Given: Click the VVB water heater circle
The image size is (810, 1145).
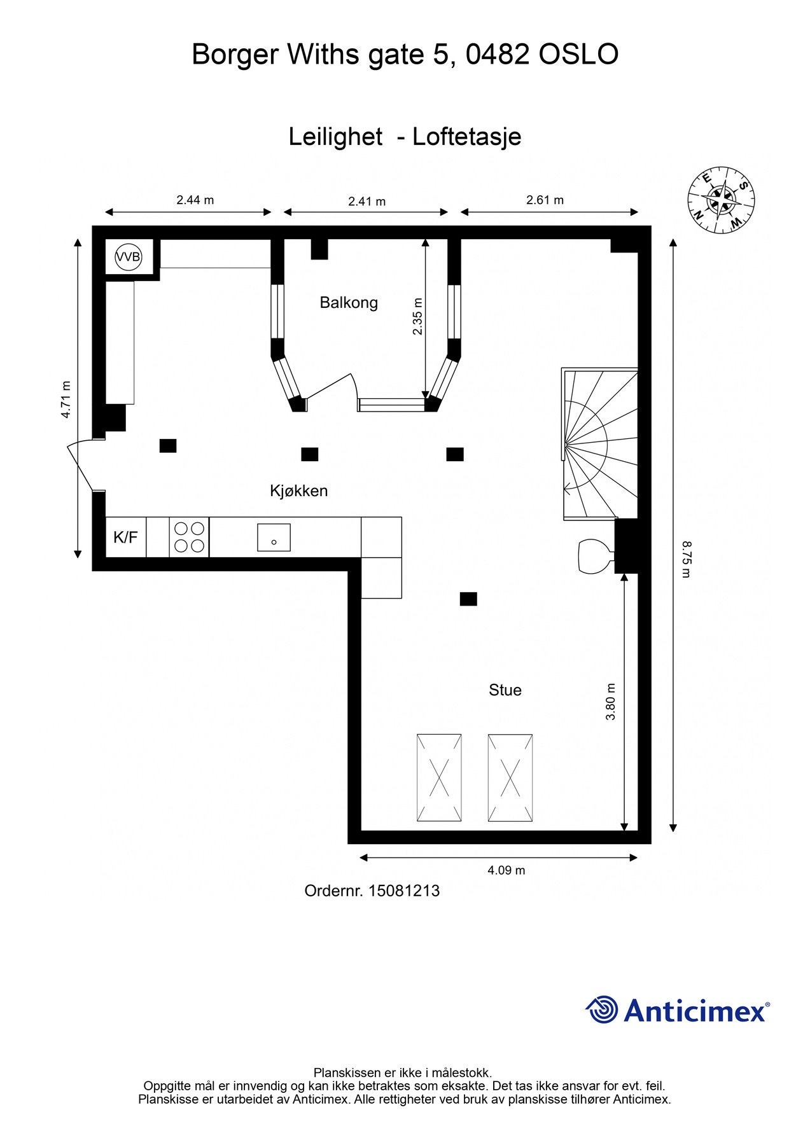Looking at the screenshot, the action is [x=128, y=258].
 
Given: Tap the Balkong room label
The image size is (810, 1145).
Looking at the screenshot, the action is [x=349, y=303].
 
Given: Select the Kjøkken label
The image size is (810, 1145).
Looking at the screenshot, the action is [x=299, y=490].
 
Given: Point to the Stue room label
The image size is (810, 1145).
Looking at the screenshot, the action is [x=505, y=690].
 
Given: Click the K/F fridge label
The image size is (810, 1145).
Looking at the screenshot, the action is [x=125, y=538].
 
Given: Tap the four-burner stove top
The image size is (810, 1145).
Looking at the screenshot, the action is [x=190, y=538].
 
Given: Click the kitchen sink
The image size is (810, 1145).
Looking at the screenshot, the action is [x=274, y=538].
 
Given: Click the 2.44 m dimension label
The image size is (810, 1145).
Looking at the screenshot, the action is [x=195, y=200].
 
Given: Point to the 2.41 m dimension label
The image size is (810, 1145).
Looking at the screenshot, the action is [x=367, y=202].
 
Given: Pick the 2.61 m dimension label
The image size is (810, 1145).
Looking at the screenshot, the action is [x=545, y=200].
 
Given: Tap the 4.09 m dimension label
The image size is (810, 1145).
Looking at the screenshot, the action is [x=506, y=870].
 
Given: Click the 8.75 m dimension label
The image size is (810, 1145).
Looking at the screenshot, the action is [x=685, y=559].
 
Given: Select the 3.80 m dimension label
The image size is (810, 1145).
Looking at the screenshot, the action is [x=611, y=702].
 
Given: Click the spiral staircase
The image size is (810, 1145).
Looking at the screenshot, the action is [x=599, y=443].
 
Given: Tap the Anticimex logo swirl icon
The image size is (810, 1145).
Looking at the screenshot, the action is [x=602, y=1010].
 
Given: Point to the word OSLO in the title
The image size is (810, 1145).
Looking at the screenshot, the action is [x=579, y=55].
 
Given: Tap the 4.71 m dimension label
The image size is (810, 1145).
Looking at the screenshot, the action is [x=66, y=399].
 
